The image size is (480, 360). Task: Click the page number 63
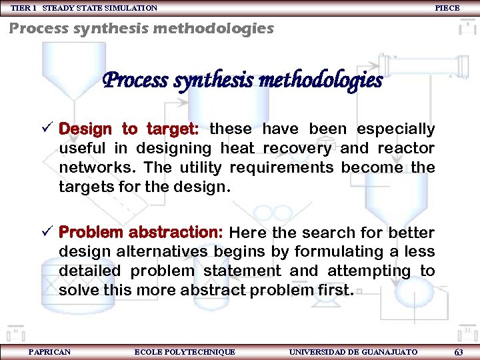459,352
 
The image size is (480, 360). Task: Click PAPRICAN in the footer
49,351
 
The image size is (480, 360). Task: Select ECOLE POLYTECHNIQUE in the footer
185,351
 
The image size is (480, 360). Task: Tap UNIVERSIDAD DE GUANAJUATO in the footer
353,351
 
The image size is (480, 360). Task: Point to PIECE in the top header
447,8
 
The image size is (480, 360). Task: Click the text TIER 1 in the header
23,8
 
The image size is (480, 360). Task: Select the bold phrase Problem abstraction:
141,233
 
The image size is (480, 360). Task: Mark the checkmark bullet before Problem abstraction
48,232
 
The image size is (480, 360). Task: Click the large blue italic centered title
242,81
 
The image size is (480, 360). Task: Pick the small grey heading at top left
141,29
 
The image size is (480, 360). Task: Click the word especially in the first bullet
396,129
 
